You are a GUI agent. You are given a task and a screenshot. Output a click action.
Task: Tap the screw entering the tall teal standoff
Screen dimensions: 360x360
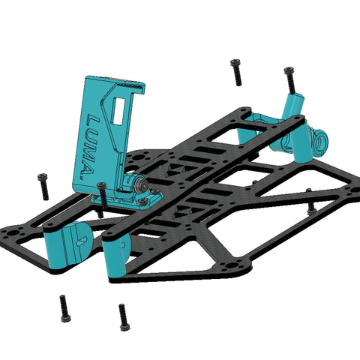point(291,79)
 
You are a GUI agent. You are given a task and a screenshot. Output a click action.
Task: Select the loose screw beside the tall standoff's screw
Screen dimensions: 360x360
point(236,73)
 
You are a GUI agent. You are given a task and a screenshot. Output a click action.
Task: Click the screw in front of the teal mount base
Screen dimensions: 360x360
point(102,196)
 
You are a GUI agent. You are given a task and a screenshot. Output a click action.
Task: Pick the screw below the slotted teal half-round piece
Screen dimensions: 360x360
point(65,308)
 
